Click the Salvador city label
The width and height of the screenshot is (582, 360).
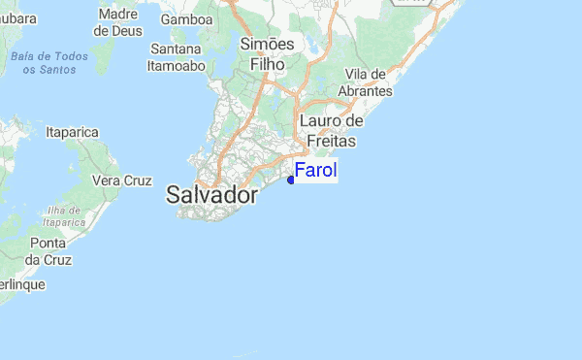212,195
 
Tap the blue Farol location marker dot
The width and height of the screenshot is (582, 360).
291,179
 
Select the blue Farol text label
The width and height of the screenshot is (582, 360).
315,172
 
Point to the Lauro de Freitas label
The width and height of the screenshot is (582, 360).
330,130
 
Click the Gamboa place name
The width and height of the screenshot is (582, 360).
187,19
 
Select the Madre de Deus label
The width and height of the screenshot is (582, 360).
118,22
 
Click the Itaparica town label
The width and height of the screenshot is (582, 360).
74,129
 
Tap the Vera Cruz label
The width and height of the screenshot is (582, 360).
121,180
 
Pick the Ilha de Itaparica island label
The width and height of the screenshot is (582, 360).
64,216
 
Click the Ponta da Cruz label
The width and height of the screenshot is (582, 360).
48,251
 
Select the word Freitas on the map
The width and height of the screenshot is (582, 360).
330,141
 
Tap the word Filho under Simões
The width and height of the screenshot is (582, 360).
268,64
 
